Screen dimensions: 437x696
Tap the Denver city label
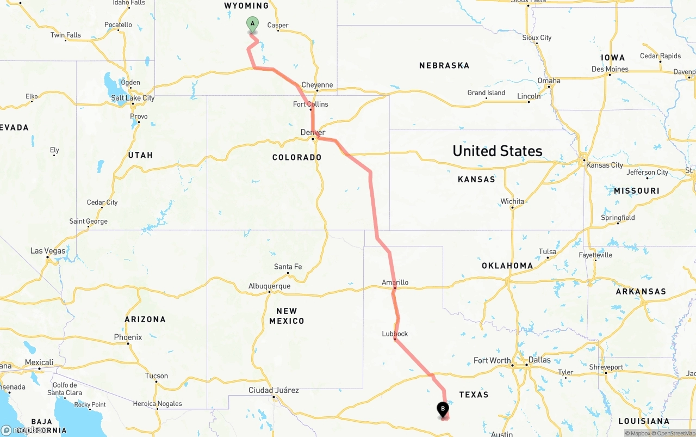pyautogui.click(x=313, y=132)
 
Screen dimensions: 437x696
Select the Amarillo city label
pyautogui.click(x=395, y=282)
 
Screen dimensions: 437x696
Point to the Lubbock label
pyautogui.click(x=395, y=334)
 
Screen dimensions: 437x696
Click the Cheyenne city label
pyautogui.click(x=317, y=85)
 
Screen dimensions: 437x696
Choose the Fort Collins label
pyautogui.click(x=310, y=104)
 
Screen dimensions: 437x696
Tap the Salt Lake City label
pyautogui.click(x=133, y=98)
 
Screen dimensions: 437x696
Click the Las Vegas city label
pyautogui.click(x=48, y=251)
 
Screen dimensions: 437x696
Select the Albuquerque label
pyautogui.click(x=269, y=286)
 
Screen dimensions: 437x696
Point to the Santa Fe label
pyautogui.click(x=288, y=267)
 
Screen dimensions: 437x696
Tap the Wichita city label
pyautogui.click(x=512, y=201)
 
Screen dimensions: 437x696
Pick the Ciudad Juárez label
pyautogui.click(x=274, y=390)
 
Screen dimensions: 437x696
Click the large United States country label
pyautogui.click(x=497, y=151)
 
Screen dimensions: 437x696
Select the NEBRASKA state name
pyautogui.click(x=444, y=65)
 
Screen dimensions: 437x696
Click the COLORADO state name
pyautogui.click(x=297, y=157)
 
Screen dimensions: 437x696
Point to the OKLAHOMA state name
pyautogui.click(x=507, y=266)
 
